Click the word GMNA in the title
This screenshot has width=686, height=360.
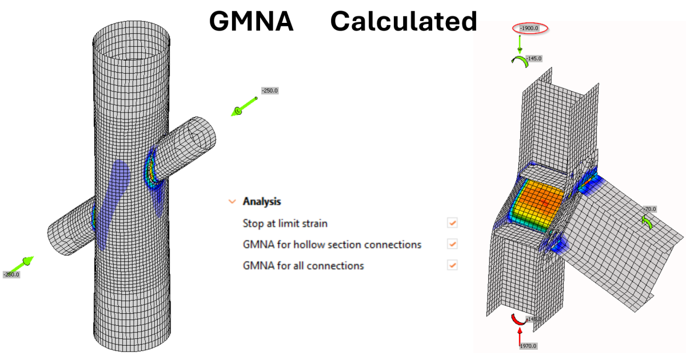(x=252, y=22)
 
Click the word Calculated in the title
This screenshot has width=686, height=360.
(x=403, y=22)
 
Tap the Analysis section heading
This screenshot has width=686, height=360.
(x=261, y=202)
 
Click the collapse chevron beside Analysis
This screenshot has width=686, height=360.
(x=232, y=202)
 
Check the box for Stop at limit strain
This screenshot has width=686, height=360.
(x=453, y=223)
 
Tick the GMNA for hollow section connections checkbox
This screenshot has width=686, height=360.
(x=453, y=244)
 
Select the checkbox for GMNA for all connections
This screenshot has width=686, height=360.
(x=453, y=265)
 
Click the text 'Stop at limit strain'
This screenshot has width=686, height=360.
(x=285, y=223)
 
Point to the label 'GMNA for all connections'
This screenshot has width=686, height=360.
(x=303, y=266)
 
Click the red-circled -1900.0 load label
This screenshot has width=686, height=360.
(x=532, y=28)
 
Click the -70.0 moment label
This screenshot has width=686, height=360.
(x=649, y=210)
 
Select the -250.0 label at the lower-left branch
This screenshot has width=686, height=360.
(x=11, y=274)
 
